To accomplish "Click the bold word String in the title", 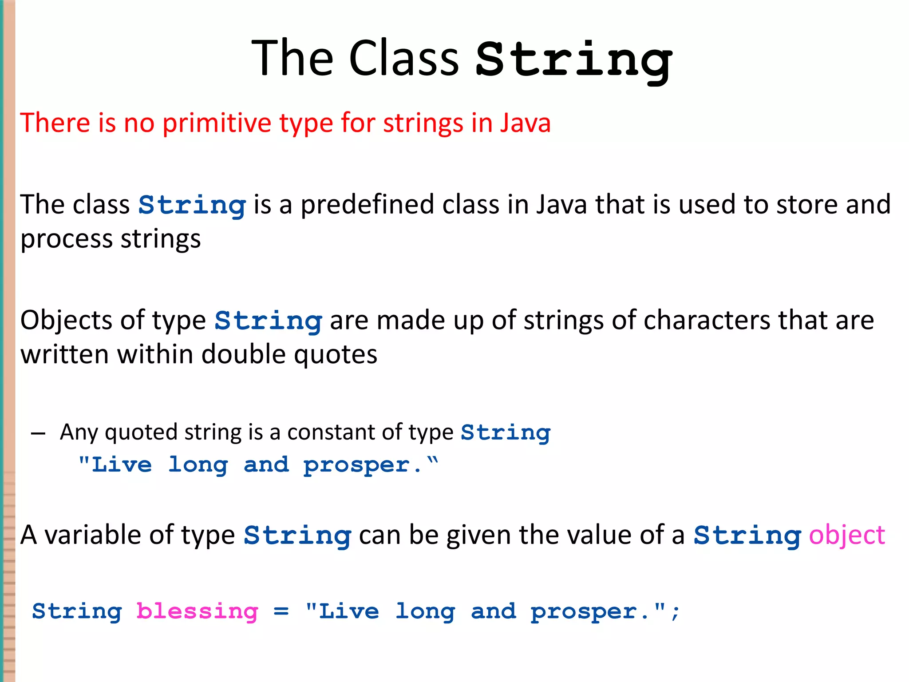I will (573, 60).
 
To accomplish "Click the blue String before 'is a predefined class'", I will (192, 206).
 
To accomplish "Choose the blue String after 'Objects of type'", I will (268, 321).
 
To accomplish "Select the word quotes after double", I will (336, 355).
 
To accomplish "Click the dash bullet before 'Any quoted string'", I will (38, 433).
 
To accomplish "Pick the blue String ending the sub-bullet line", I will (506, 432).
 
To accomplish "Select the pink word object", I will (846, 535).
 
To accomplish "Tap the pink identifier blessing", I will (197, 612).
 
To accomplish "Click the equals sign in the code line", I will (281, 612).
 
